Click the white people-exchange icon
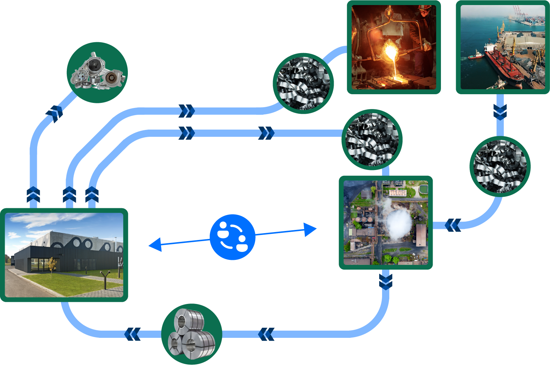233,237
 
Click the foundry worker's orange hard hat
426,8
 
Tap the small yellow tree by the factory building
53,263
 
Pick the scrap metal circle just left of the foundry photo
303,83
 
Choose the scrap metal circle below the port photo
500,166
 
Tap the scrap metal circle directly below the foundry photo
372,140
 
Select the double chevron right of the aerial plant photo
452,226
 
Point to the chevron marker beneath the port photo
500,112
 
